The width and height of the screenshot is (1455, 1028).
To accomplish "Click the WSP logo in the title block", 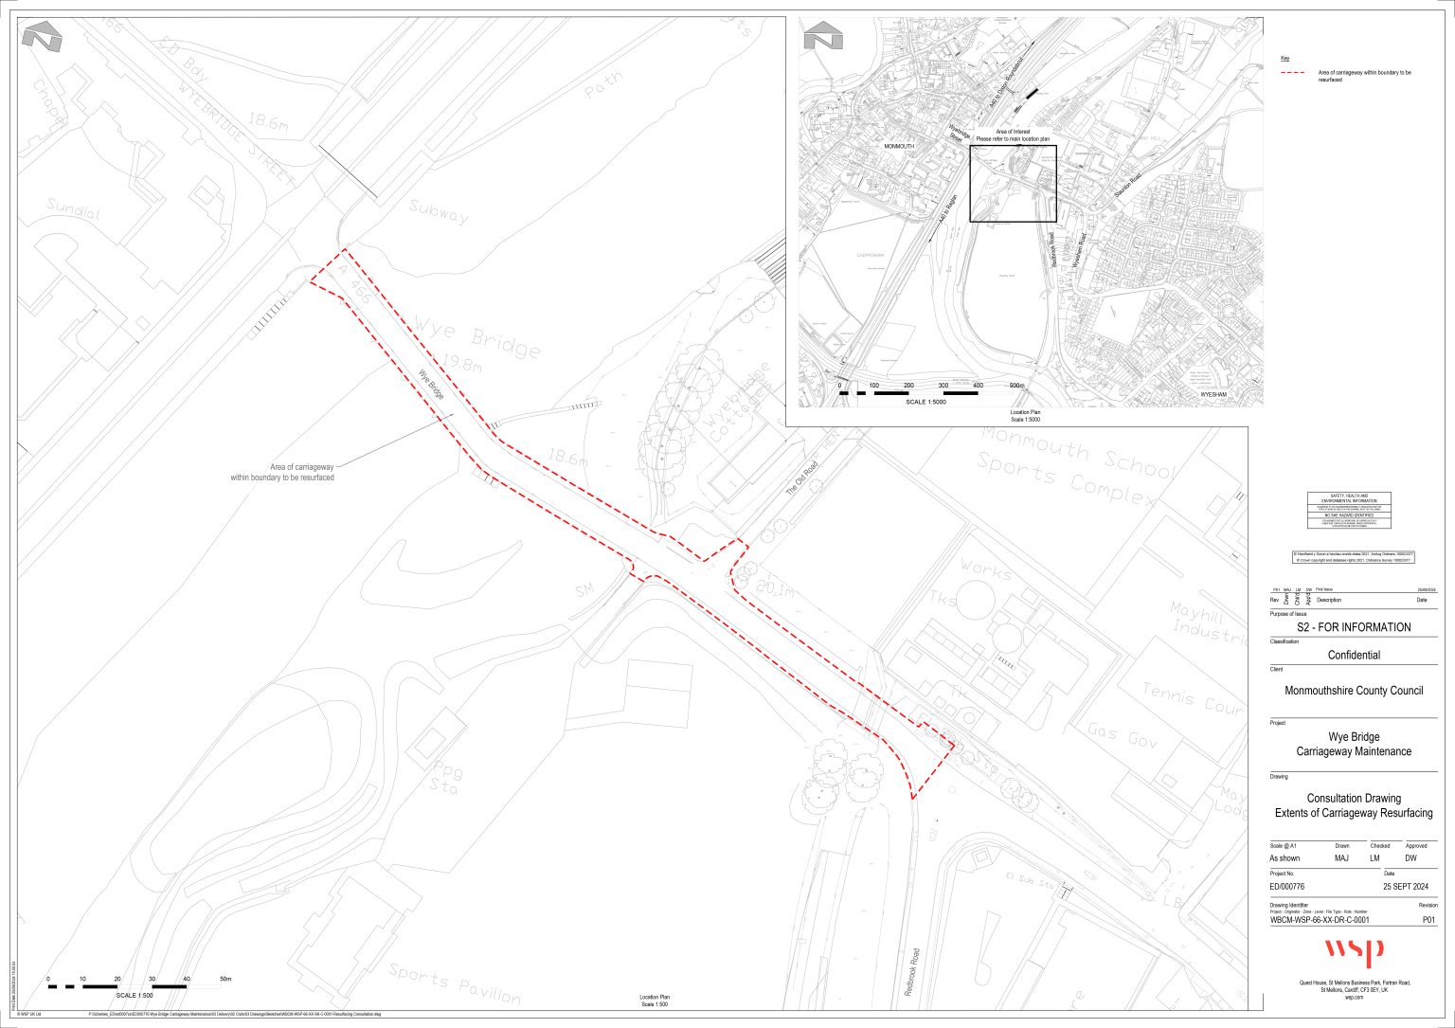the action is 1353,950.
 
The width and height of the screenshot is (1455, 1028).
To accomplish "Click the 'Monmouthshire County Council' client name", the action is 1353,691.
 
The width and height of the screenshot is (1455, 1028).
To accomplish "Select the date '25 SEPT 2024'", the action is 1406,887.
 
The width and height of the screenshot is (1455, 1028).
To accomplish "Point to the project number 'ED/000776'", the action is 1287,887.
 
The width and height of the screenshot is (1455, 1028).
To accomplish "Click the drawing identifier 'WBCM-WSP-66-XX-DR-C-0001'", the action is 1320,919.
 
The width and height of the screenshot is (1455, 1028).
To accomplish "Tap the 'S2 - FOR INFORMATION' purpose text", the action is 1353,627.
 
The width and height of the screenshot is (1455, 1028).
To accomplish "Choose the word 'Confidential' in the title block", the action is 1353,655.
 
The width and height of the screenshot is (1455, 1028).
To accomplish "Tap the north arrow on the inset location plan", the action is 822,38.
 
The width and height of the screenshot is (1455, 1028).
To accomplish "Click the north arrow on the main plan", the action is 42,38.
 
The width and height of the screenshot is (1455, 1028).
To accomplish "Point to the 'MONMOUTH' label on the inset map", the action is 899,147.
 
